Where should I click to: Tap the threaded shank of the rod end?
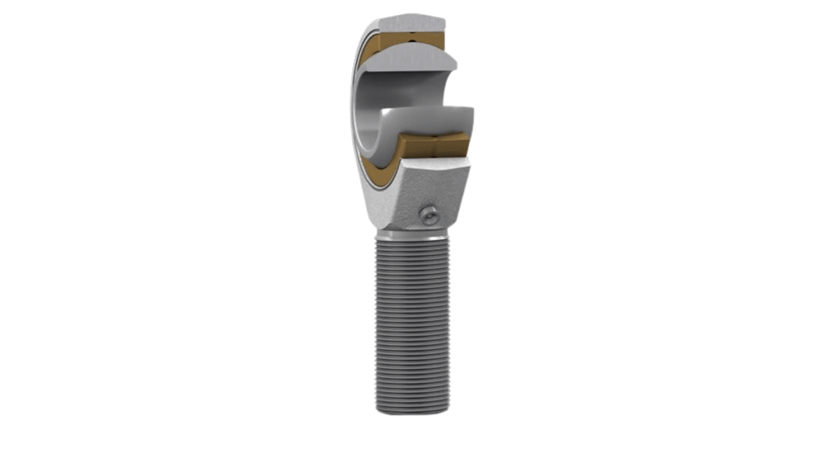coord(412,323)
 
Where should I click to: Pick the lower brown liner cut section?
coord(435,144)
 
